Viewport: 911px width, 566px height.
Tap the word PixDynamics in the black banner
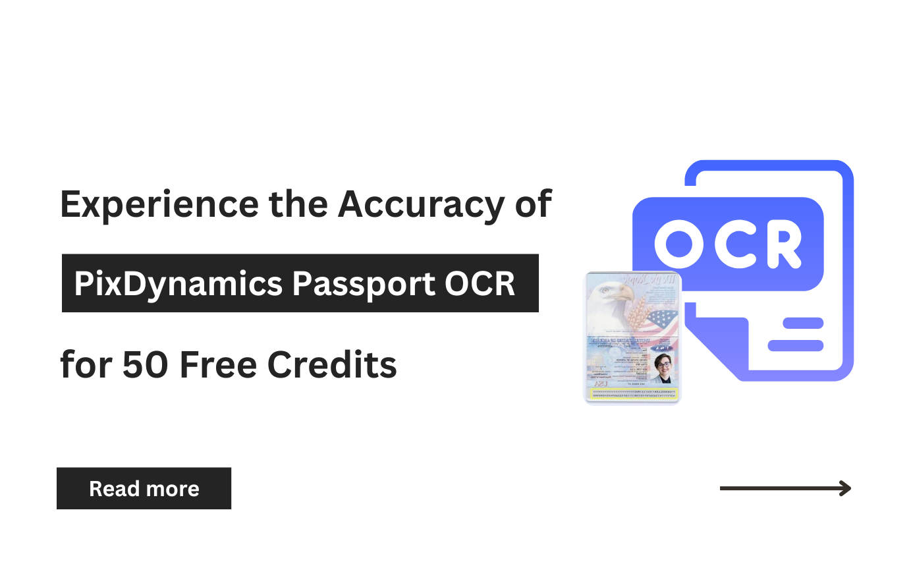[178, 284]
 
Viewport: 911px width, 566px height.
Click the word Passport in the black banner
[363, 284]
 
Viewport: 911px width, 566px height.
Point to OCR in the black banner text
[480, 284]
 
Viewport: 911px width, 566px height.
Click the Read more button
[144, 488]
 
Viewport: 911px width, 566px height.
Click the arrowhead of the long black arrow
[844, 488]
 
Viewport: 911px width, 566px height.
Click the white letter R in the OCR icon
[782, 244]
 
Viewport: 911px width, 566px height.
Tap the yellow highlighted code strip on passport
[633, 393]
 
